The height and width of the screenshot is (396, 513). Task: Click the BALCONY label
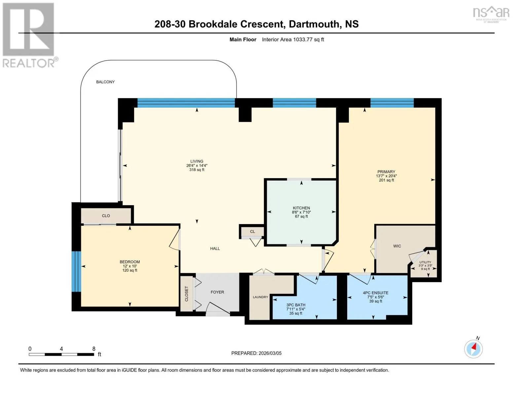tap(105, 82)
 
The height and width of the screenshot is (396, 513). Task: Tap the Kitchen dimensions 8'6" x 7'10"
tap(301, 212)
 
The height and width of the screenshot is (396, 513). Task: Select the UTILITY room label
tap(425, 262)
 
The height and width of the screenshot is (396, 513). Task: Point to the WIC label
tap(397, 246)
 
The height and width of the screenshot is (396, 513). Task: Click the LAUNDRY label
tap(260, 297)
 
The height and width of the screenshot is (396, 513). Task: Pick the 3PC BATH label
tap(296, 305)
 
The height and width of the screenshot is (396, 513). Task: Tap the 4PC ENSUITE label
tap(376, 293)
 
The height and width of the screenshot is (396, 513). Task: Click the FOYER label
tap(217, 292)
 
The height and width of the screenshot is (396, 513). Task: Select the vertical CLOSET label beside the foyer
tap(187, 294)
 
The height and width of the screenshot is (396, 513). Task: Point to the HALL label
tap(215, 248)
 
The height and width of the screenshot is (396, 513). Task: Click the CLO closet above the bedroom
tap(106, 215)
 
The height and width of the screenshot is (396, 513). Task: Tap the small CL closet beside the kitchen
tap(252, 231)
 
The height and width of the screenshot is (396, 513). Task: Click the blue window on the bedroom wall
tap(76, 272)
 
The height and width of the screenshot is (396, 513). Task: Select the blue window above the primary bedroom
tap(392, 103)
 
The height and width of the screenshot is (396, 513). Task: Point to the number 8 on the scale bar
tap(94, 348)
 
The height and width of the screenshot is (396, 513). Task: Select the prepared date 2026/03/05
tap(270, 353)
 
